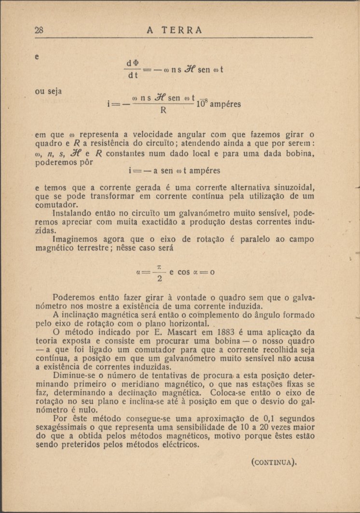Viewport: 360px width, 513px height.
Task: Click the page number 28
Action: click(x=40, y=30)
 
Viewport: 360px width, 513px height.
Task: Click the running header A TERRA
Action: click(x=174, y=30)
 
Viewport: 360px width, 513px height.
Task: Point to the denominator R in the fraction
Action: click(x=163, y=110)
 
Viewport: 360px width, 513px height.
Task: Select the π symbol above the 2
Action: click(x=159, y=266)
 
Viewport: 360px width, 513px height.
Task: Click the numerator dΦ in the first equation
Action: click(x=131, y=64)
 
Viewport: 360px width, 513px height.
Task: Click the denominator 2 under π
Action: click(x=159, y=279)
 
